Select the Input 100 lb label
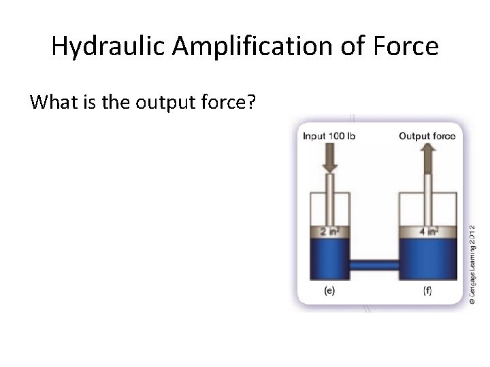click(x=329, y=136)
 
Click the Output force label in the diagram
click(x=427, y=136)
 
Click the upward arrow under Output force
click(x=427, y=158)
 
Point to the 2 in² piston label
click(x=330, y=232)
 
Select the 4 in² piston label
click(x=427, y=232)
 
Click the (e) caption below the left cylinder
click(x=329, y=291)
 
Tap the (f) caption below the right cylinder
click(x=427, y=291)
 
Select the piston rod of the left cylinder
click(x=330, y=200)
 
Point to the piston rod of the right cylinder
click(x=427, y=200)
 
